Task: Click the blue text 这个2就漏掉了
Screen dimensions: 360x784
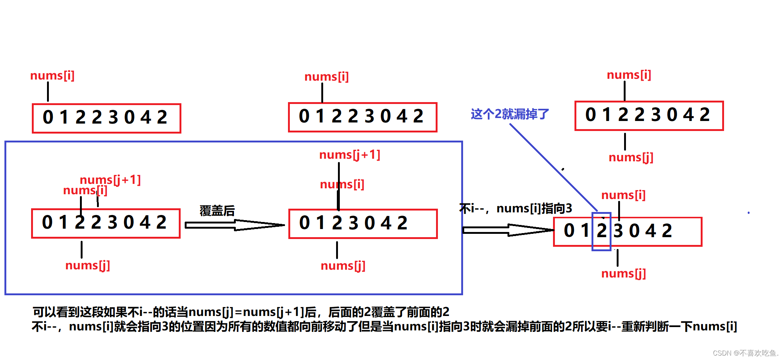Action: pyautogui.click(x=510, y=114)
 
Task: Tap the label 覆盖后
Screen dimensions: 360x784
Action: pyautogui.click(x=217, y=211)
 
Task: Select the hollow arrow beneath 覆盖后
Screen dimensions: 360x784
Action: pyautogui.click(x=234, y=225)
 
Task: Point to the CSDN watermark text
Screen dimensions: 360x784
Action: pyautogui.click(x=745, y=353)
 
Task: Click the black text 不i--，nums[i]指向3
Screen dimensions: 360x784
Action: pyautogui.click(x=516, y=209)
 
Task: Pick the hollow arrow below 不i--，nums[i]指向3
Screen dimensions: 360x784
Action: pyautogui.click(x=508, y=230)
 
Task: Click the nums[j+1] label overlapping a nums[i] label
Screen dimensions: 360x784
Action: pyautogui.click(x=110, y=180)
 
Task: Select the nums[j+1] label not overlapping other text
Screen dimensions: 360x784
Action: pyautogui.click(x=350, y=155)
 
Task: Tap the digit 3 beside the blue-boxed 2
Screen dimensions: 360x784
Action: pyautogui.click(x=618, y=231)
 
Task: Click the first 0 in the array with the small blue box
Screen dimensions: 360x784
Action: pyautogui.click(x=569, y=231)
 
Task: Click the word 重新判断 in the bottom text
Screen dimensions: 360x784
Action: pyautogui.click(x=644, y=326)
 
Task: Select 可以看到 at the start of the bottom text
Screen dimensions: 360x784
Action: pyautogui.click(x=56, y=312)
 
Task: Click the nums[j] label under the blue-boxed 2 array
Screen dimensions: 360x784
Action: pyautogui.click(x=623, y=273)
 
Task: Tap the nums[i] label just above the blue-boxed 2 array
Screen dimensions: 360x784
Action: pyautogui.click(x=623, y=195)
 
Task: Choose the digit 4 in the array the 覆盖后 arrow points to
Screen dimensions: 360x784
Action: pyautogui.click(x=386, y=223)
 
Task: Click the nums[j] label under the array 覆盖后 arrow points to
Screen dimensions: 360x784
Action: pyautogui.click(x=343, y=266)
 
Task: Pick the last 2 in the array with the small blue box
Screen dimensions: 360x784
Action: pyautogui.click(x=667, y=231)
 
